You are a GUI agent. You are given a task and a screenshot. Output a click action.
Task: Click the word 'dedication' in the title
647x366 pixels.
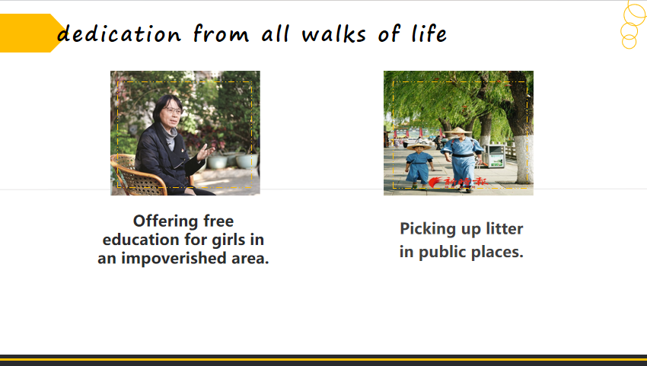[119, 33]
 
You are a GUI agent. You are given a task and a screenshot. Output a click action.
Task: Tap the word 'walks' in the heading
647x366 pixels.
[334, 33]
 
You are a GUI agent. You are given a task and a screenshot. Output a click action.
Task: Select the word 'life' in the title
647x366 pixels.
[429, 33]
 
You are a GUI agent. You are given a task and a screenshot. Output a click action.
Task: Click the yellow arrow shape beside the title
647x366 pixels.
[32, 33]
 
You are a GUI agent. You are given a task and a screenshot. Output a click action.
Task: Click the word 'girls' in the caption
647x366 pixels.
[229, 240]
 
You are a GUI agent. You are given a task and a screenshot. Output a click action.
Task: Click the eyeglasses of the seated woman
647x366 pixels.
[172, 110]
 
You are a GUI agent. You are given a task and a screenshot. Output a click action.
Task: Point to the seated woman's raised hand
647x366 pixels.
[205, 152]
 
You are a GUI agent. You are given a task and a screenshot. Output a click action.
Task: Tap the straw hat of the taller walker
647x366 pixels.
[457, 131]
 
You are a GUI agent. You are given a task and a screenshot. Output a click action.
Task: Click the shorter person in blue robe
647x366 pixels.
[419, 165]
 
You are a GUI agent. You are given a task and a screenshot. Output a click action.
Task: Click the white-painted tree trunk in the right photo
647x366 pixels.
[523, 159]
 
